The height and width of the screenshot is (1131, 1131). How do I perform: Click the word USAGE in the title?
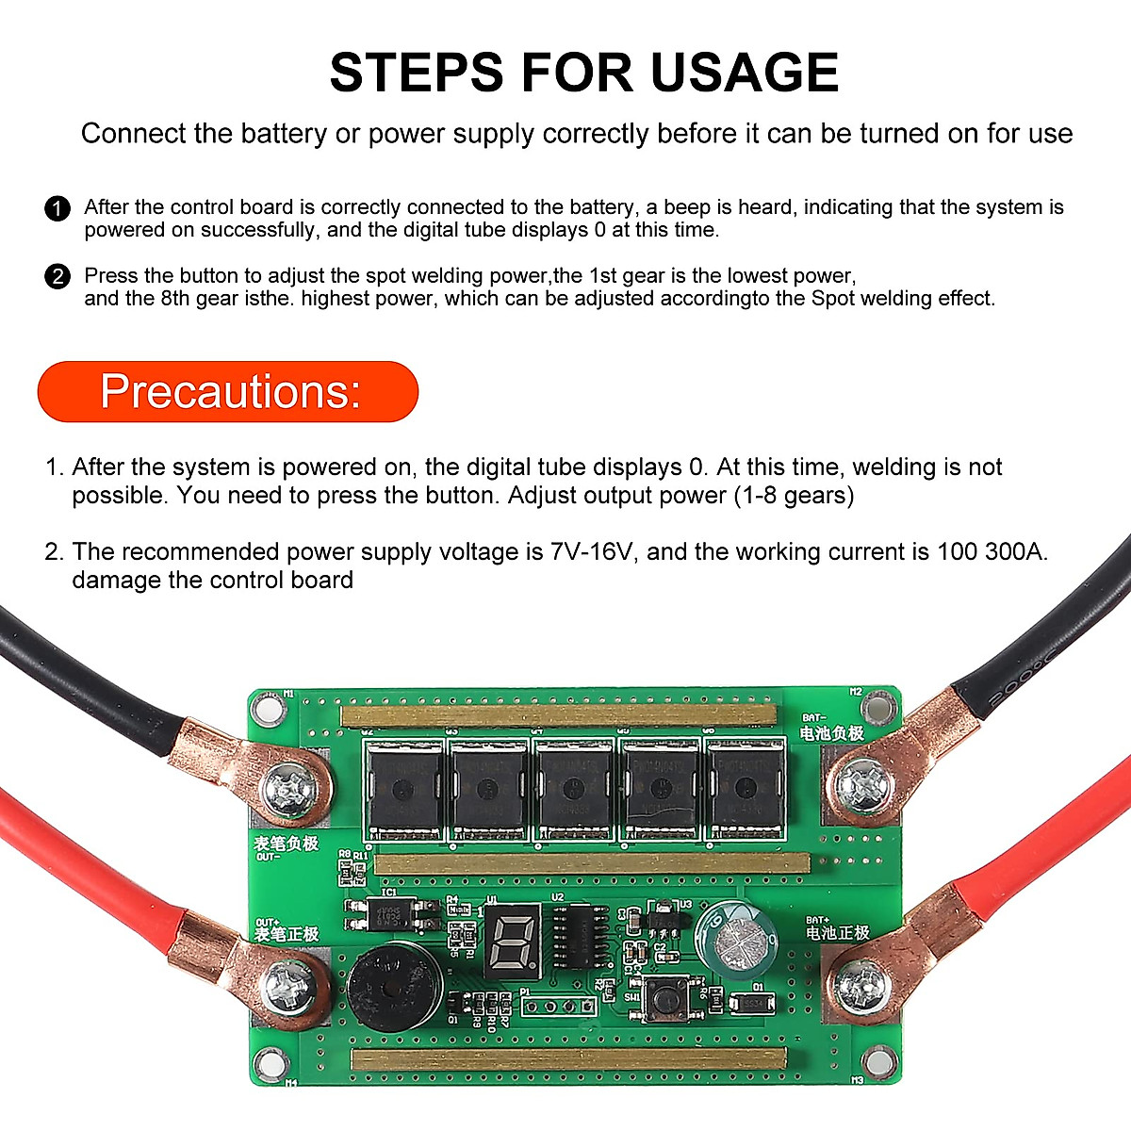(x=745, y=74)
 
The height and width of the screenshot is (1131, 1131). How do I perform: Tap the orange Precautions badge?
(x=228, y=391)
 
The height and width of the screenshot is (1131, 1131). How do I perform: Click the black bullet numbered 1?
(x=57, y=208)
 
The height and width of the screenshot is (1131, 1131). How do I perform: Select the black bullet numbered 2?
(x=57, y=276)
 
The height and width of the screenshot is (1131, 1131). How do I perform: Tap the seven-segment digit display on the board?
(x=514, y=939)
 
